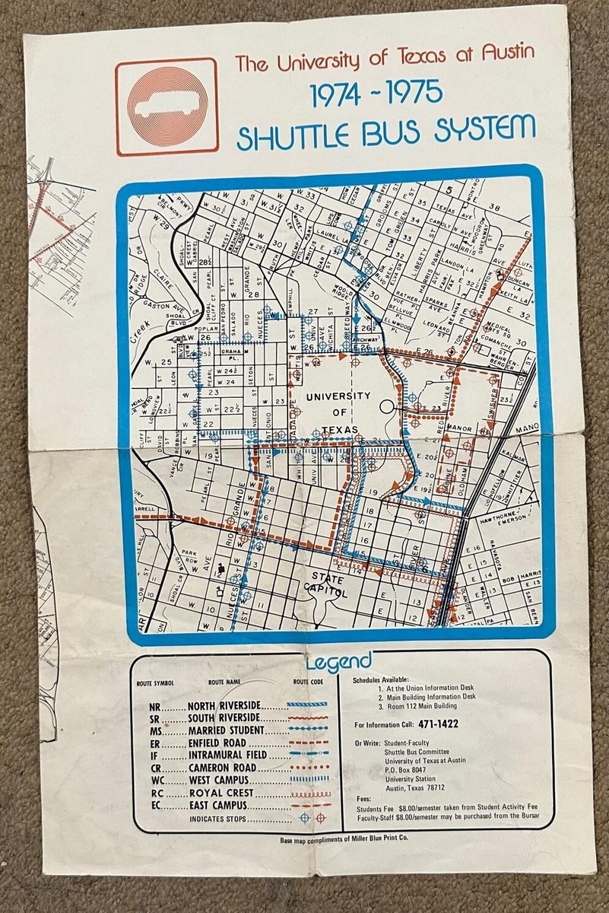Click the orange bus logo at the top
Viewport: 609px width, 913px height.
[167, 107]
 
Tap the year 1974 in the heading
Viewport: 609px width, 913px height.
[341, 93]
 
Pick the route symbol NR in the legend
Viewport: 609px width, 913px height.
[155, 707]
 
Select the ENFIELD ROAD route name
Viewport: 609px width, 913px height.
[223, 743]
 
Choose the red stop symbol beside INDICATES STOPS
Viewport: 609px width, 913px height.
[321, 818]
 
